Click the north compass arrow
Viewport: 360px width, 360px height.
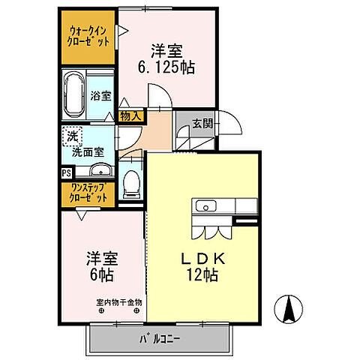tap(289, 310)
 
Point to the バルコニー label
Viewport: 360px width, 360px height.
tap(158, 338)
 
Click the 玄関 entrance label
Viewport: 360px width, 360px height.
tap(200, 124)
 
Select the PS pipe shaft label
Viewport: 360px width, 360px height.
tap(67, 172)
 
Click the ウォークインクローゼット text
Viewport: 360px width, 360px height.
tap(88, 35)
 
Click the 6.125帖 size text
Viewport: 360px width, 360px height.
tap(166, 67)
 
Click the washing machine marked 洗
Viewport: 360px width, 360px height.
tap(72, 136)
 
